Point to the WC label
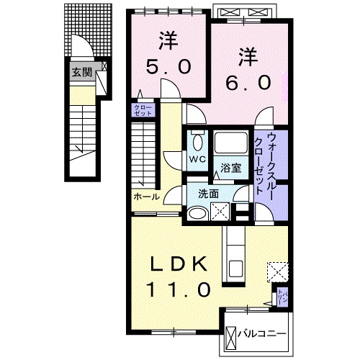(x=197, y=158)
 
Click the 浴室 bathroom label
(x=230, y=168)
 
